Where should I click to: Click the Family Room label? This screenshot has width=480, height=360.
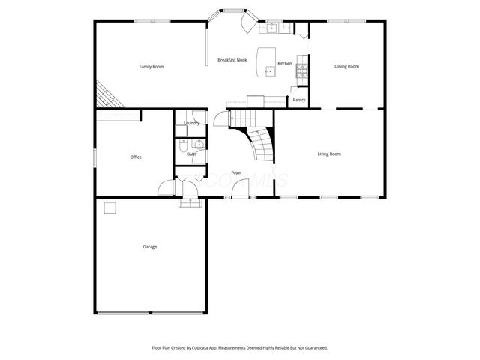(x=151, y=67)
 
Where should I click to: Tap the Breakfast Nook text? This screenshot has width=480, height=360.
(x=232, y=60)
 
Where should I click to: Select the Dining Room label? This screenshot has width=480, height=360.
(x=346, y=67)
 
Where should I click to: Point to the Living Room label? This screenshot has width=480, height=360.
(x=329, y=154)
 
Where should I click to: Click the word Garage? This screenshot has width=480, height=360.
(x=150, y=247)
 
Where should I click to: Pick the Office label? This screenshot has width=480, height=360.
(x=136, y=157)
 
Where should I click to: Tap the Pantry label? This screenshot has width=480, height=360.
(x=299, y=100)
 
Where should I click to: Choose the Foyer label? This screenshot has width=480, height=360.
(x=236, y=173)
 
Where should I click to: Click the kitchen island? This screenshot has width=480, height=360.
(x=265, y=61)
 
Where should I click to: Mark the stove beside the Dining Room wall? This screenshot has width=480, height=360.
(x=301, y=71)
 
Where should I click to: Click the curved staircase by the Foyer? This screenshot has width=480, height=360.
(x=259, y=145)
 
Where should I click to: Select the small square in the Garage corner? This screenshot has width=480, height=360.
(x=109, y=208)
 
